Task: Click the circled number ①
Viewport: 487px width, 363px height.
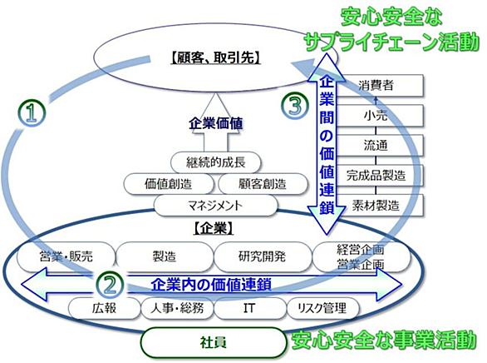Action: (x=32, y=113)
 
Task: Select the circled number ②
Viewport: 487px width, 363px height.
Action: (x=110, y=285)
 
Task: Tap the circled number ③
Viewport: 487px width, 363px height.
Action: (x=295, y=107)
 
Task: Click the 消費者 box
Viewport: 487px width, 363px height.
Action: (x=380, y=85)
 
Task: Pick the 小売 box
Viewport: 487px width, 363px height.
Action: (x=380, y=116)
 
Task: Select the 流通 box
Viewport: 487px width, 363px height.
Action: (x=380, y=145)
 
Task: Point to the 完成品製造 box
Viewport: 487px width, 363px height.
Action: (x=380, y=176)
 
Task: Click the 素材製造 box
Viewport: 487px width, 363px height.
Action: (x=380, y=206)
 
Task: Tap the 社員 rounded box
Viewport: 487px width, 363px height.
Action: (x=213, y=342)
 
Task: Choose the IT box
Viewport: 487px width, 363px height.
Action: (x=249, y=308)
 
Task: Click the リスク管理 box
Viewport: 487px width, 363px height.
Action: (x=322, y=308)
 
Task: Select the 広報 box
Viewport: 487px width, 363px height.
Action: (x=104, y=308)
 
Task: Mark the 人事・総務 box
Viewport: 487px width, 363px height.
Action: (x=177, y=308)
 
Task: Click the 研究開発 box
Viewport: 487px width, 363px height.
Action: (x=263, y=257)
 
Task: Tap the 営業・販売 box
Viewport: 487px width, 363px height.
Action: (x=66, y=257)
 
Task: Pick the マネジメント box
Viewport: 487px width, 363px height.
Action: (x=215, y=206)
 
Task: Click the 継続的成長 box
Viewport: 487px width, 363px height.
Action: (x=215, y=162)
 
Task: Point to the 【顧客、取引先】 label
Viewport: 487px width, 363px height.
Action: (x=215, y=57)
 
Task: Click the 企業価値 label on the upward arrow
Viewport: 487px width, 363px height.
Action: (x=215, y=123)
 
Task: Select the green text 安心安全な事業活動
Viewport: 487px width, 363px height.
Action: (x=384, y=340)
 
